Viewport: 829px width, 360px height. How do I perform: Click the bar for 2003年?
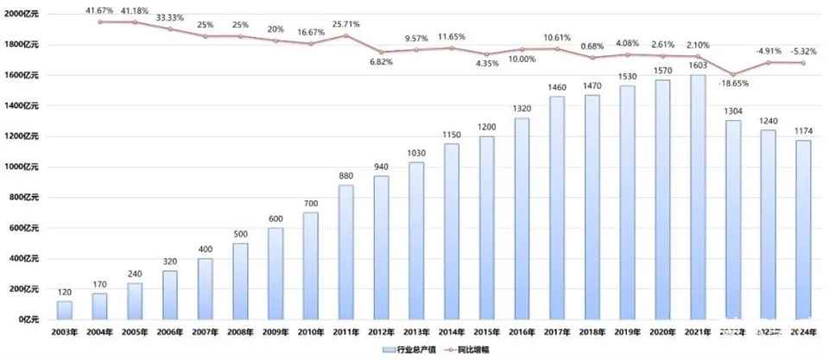tap(65, 310)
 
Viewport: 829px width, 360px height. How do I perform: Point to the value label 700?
tap(310, 203)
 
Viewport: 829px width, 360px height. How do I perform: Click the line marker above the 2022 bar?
tap(733, 74)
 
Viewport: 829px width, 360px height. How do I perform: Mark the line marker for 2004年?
tap(99, 22)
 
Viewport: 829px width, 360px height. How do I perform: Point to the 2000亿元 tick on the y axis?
tap(21, 14)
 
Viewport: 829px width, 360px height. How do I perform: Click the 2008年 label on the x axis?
tap(240, 332)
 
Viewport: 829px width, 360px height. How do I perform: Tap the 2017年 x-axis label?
tap(557, 332)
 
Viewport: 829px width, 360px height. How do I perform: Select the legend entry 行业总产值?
tap(410, 350)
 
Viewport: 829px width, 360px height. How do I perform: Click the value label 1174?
tap(804, 131)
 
